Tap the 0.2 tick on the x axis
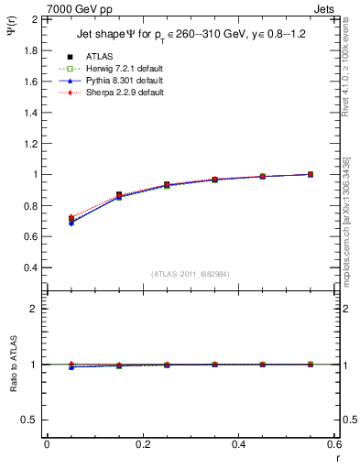143,444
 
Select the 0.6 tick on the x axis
333,444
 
